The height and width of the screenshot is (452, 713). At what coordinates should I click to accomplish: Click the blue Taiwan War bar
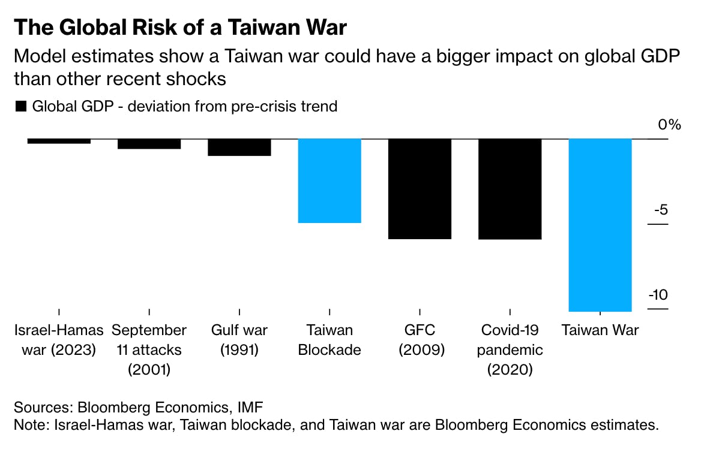(x=600, y=225)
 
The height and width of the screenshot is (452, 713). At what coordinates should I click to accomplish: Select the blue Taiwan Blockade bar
(x=329, y=180)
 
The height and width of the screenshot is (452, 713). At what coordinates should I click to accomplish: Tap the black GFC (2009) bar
(x=420, y=189)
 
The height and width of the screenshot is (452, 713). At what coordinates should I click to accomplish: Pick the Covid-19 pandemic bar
(x=510, y=189)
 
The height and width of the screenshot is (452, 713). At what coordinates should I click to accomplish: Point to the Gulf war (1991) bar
(x=239, y=147)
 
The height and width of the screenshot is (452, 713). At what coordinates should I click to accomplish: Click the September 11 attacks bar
(x=149, y=143)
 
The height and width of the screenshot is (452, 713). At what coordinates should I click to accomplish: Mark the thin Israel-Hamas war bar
(x=59, y=141)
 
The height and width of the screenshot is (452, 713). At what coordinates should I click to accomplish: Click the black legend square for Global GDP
(x=20, y=107)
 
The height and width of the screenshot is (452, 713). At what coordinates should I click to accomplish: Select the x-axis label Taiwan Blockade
(x=329, y=340)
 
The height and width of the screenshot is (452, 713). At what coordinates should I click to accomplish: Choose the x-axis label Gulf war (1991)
(x=239, y=340)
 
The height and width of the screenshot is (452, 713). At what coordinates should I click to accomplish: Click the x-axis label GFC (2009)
(x=420, y=340)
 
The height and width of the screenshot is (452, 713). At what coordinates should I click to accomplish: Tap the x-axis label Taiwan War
(x=600, y=330)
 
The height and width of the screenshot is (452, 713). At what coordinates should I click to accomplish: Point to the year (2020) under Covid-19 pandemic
(x=510, y=369)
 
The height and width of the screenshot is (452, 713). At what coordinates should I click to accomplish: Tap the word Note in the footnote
(x=29, y=425)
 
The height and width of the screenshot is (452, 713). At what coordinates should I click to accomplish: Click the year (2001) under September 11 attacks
(x=149, y=369)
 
